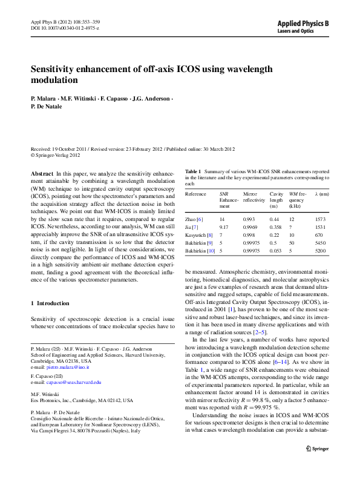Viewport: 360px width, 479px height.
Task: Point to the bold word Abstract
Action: (x=41, y=173)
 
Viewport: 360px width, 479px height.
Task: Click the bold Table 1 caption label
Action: (x=193, y=172)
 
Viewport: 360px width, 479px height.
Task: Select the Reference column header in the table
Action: (x=195, y=194)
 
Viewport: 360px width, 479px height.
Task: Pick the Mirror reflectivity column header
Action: (x=254, y=197)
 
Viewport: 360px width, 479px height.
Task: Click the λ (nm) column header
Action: (x=322, y=194)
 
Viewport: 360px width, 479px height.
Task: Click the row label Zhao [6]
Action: (x=194, y=219)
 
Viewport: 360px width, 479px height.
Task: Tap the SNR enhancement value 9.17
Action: (x=224, y=226)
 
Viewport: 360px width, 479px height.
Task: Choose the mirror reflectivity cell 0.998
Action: (x=249, y=234)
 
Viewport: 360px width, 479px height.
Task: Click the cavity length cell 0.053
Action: (x=277, y=250)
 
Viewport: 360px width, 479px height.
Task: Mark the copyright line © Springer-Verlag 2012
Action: (x=55, y=155)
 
